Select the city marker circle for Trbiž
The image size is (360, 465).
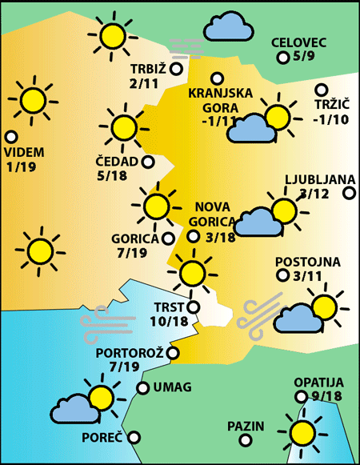click(176, 69)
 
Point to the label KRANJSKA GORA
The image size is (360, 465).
click(214, 100)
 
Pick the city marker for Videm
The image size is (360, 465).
click(11, 137)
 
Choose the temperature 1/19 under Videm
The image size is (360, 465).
click(20, 167)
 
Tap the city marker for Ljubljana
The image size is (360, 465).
click(349, 192)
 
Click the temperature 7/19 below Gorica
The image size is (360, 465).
click(131, 253)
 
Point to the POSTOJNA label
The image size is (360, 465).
click(308, 262)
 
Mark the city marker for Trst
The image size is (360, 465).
click(193, 306)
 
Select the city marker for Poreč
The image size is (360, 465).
click(134, 437)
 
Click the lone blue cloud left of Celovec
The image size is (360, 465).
click(227, 28)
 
